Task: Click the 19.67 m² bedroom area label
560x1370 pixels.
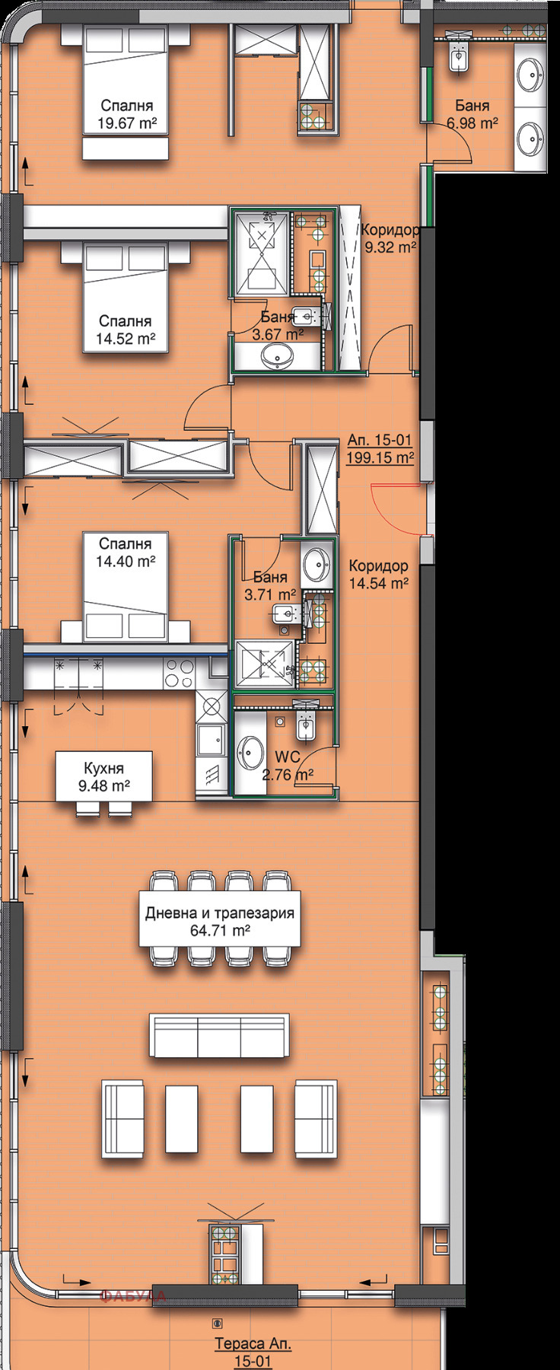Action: click(x=126, y=113)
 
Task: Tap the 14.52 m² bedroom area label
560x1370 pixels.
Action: click(x=126, y=330)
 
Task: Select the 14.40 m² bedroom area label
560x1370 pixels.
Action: click(x=126, y=553)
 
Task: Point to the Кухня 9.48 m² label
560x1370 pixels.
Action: click(x=105, y=777)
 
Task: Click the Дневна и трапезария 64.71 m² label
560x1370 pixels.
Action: click(x=220, y=921)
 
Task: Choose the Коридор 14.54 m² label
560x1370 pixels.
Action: click(x=379, y=575)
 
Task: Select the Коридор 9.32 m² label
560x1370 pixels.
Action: click(x=390, y=238)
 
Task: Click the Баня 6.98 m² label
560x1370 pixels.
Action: click(x=473, y=113)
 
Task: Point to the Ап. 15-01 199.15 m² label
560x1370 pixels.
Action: click(x=380, y=448)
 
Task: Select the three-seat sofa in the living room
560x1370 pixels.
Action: click(x=220, y=1035)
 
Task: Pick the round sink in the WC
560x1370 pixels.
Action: click(x=249, y=754)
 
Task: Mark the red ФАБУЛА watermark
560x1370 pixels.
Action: click(x=134, y=1295)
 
